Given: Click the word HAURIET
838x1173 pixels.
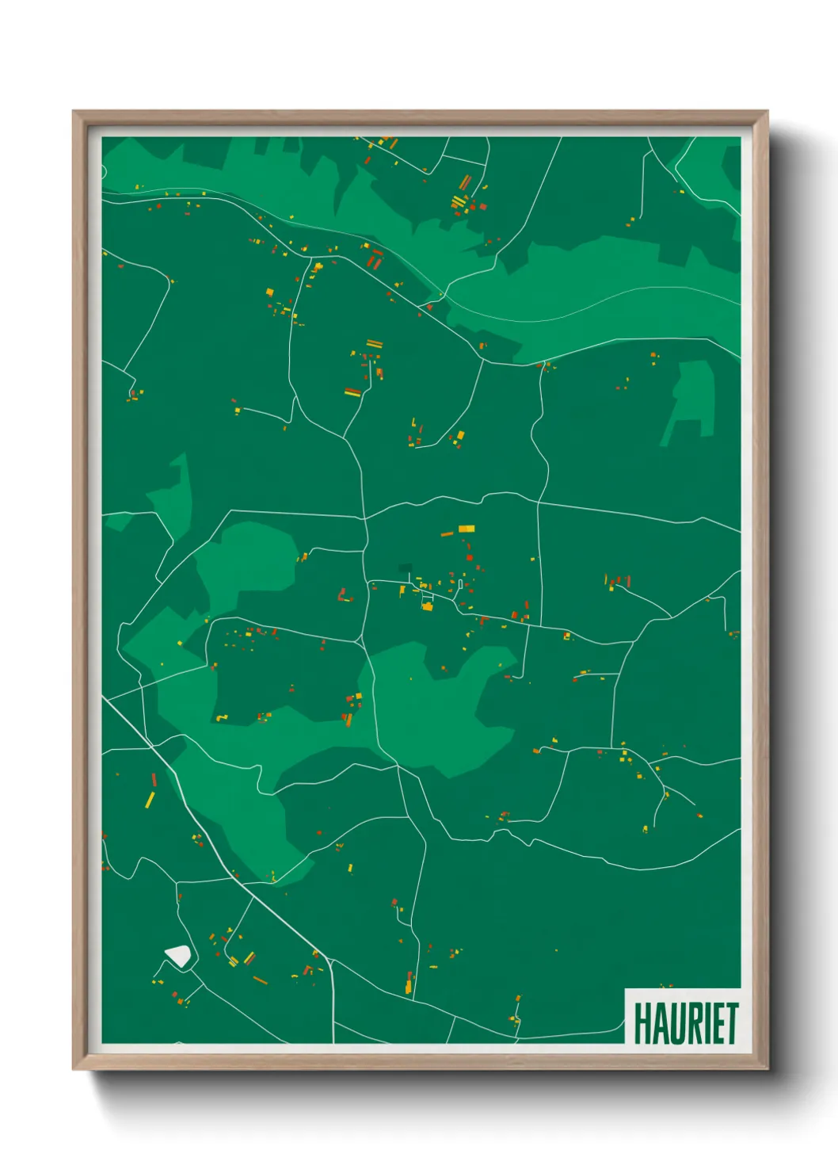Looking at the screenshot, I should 686,1023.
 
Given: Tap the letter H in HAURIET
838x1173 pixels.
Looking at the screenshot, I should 642,1023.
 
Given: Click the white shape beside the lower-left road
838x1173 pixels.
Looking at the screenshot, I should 178,956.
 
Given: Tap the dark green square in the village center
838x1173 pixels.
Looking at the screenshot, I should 405,568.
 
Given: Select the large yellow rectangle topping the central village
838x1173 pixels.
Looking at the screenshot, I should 467,529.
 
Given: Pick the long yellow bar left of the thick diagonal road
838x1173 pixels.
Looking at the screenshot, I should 149,799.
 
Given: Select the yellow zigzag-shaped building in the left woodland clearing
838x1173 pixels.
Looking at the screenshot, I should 222,717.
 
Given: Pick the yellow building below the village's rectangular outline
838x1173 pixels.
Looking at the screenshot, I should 428,606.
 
